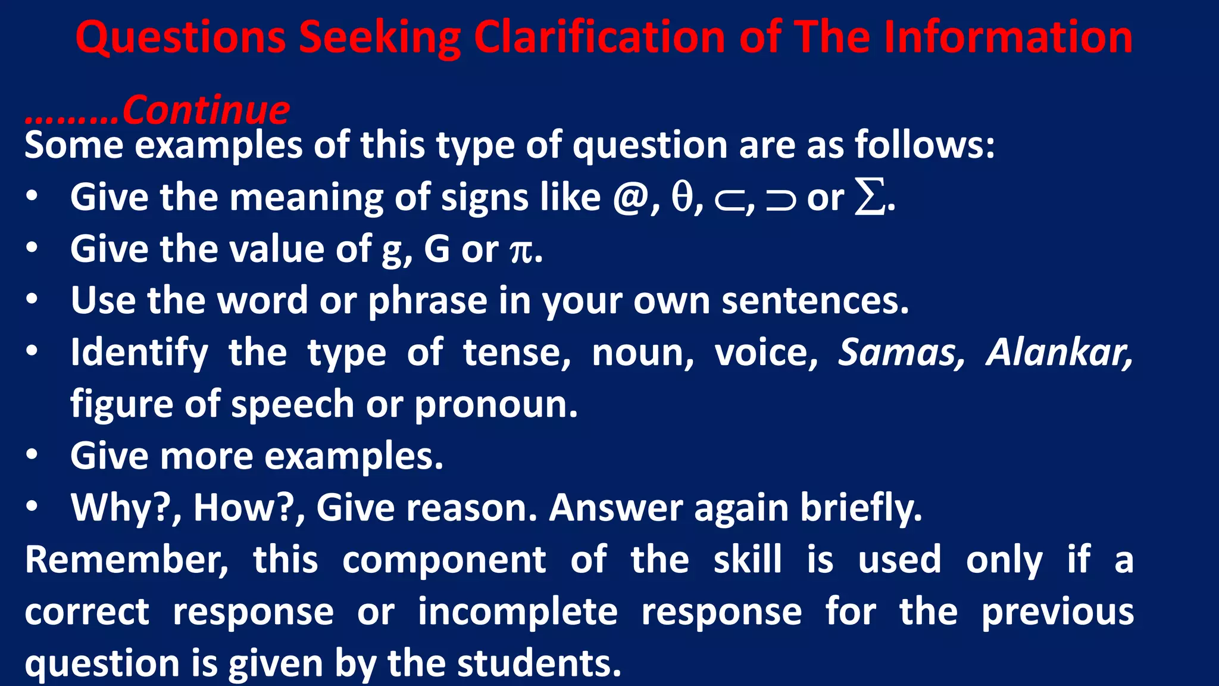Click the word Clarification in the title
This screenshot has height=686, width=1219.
click(x=599, y=37)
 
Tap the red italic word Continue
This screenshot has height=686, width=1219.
click(x=206, y=110)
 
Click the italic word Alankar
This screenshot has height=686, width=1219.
click(x=1059, y=353)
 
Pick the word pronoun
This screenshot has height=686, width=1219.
click(x=495, y=405)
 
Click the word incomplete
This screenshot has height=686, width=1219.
click(x=517, y=612)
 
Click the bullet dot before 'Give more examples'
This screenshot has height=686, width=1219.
click(x=32, y=456)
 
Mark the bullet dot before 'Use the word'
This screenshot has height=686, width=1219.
click(x=32, y=300)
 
